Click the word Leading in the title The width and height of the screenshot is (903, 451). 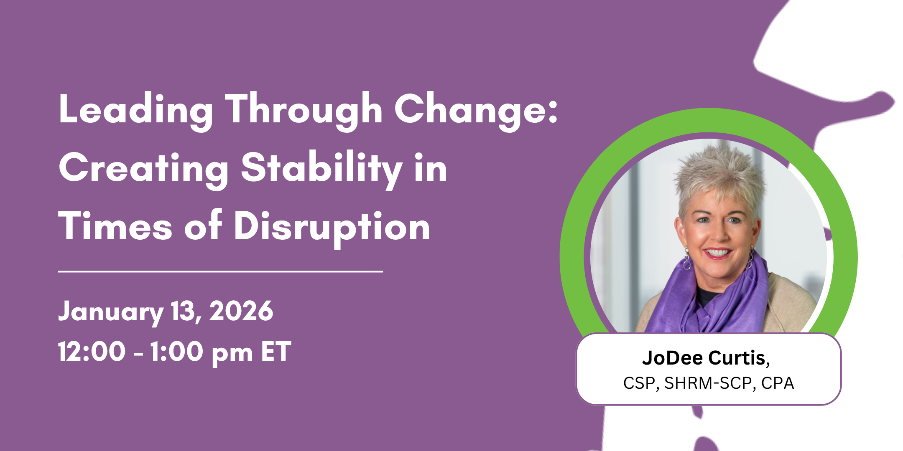(136, 109)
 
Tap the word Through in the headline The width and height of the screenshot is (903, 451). (304, 109)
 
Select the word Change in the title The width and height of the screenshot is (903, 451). (472, 109)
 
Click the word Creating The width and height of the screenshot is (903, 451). (144, 169)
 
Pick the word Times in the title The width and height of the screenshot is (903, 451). (115, 226)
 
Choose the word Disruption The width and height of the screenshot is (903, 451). (332, 227)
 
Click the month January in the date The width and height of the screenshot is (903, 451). (110, 312)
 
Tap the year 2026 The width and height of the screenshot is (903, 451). (241, 311)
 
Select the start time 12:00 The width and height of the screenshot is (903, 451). (92, 351)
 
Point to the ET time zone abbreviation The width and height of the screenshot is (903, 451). (276, 351)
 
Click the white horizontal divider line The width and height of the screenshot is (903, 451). (220, 271)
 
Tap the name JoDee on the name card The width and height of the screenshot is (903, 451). (672, 358)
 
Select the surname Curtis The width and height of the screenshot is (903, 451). (739, 358)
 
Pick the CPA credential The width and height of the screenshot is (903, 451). (778, 383)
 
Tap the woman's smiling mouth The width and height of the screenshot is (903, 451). (718, 253)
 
